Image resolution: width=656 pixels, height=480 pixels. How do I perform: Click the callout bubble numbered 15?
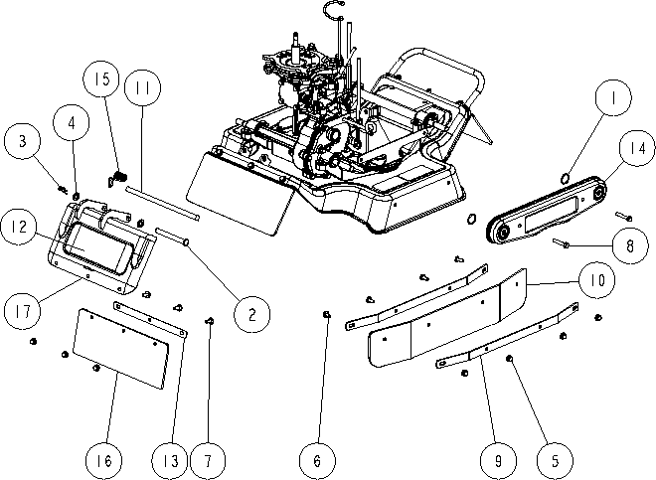[101, 79]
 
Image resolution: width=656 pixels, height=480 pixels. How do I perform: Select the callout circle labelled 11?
[143, 87]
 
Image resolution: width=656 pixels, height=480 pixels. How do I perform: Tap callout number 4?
[72, 122]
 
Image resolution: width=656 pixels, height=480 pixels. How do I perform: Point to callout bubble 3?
[23, 141]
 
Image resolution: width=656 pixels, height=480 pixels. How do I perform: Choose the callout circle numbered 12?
[19, 228]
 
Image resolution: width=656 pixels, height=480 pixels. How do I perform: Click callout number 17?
[23, 311]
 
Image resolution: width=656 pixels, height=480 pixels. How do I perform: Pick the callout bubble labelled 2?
[251, 314]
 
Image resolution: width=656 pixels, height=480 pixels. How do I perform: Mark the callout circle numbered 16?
[103, 461]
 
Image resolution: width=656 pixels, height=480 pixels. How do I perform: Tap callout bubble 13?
[170, 461]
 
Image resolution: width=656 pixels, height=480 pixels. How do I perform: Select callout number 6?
[317, 461]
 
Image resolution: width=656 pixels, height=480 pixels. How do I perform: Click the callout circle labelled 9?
[498, 461]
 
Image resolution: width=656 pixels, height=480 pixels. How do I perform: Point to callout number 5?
[556, 461]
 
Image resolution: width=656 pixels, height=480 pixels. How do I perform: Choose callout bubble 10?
[597, 280]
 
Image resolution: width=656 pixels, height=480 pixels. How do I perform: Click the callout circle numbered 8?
[630, 245]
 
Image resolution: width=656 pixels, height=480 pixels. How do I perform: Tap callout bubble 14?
[637, 148]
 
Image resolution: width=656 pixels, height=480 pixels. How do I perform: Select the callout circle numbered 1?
[613, 97]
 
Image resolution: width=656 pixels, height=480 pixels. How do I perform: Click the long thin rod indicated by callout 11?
[162, 203]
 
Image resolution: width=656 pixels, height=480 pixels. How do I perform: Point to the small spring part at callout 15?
[116, 178]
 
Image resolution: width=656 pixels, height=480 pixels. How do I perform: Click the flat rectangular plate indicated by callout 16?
[120, 349]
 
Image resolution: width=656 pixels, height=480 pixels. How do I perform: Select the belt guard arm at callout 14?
[546, 210]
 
